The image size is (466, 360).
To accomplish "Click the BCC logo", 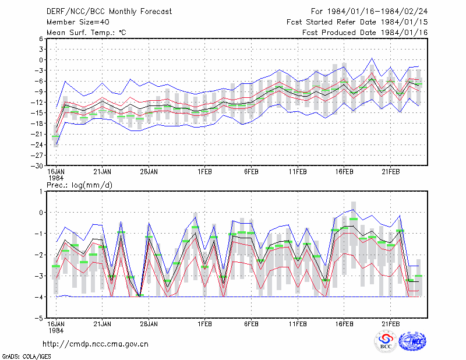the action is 386,341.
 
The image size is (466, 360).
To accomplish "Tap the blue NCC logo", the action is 412,341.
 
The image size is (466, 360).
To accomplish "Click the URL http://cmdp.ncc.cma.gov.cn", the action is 96,344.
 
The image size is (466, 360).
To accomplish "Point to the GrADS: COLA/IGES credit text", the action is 26,357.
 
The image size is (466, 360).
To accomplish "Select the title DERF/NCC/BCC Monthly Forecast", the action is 109,12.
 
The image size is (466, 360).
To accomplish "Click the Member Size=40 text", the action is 78,22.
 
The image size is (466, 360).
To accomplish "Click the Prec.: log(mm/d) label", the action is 79,185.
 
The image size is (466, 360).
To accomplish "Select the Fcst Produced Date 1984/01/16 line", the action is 365,33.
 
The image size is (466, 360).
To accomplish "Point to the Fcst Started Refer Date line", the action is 357,22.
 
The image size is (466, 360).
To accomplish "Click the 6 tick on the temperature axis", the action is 41,38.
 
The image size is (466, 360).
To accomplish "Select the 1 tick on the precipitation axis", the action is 41,192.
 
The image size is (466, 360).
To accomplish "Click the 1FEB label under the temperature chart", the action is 205,172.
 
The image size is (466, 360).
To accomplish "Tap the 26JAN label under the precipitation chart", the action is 149,324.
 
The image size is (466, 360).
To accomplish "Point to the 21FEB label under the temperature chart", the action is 390,172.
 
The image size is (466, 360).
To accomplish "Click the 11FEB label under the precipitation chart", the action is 298,324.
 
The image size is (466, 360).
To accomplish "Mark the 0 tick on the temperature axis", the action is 41,60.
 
